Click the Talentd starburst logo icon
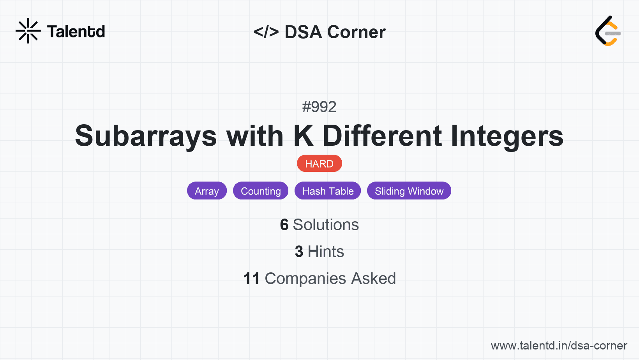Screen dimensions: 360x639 tap(28, 31)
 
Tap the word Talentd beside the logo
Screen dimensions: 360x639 tap(76, 32)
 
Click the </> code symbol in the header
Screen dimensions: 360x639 tap(266, 32)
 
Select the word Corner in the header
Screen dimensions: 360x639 tap(357, 32)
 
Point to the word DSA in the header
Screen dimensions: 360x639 tap(304, 32)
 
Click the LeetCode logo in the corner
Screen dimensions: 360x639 tap(608, 31)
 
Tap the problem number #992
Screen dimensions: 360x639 tap(319, 107)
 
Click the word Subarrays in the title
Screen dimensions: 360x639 tap(146, 136)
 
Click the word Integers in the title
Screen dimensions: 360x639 tap(507, 136)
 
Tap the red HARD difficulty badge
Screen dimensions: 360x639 tap(319, 164)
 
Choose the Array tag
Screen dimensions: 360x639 tap(207, 191)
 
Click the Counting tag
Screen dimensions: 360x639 tap(261, 191)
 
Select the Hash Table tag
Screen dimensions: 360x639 tap(328, 191)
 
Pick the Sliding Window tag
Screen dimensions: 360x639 tap(409, 191)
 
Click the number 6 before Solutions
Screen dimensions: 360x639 tap(284, 225)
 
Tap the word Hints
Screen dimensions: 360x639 tap(326, 252)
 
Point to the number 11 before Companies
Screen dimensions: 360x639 tap(251, 279)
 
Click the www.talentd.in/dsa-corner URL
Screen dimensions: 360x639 tap(559, 346)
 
